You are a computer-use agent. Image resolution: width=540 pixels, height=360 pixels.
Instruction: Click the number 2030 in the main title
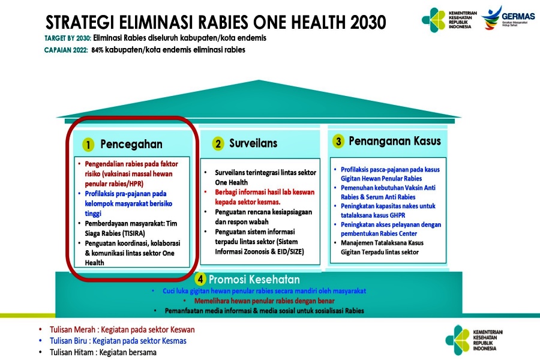pos(368,22)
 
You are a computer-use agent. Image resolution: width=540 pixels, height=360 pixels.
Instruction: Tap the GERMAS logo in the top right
pos(508,18)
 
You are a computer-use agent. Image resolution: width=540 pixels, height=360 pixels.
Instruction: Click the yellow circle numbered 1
pos(88,145)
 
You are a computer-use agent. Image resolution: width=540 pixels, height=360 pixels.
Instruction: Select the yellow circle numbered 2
pos(218,143)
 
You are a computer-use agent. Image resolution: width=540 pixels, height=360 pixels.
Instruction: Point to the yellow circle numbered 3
pos(338,141)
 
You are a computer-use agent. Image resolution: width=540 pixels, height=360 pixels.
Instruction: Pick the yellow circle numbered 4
pos(200,279)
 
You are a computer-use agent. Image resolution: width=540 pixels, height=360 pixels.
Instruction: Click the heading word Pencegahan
pos(131,145)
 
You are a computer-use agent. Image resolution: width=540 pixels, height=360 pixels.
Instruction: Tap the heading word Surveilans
pos(253,143)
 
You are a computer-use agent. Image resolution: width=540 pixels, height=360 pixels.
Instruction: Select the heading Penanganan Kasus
pos(395,141)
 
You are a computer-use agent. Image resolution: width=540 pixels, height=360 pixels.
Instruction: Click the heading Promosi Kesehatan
pos(254,280)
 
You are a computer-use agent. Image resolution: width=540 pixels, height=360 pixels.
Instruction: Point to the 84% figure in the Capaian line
pos(97,50)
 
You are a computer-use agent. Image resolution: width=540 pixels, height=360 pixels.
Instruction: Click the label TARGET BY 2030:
pos(68,38)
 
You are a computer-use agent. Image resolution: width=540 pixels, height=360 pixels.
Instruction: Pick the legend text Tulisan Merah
pos(72,329)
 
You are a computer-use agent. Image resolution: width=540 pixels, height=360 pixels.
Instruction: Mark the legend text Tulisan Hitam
pos(71,352)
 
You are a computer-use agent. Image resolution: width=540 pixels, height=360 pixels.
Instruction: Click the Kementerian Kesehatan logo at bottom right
pos(474,340)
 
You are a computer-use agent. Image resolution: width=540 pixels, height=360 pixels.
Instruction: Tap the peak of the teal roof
pos(259,80)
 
